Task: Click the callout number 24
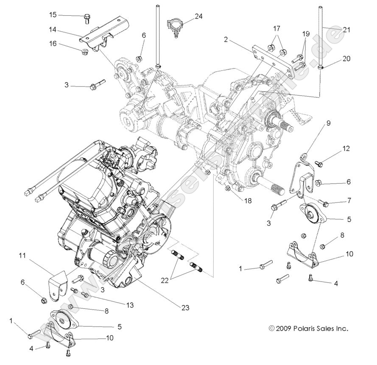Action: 198,17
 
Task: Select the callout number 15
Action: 53,15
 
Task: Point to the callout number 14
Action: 53,30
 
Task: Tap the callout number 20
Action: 346,59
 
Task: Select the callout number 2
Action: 226,40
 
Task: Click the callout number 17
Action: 276,29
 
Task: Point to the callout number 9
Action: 328,124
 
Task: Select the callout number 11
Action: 22,255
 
